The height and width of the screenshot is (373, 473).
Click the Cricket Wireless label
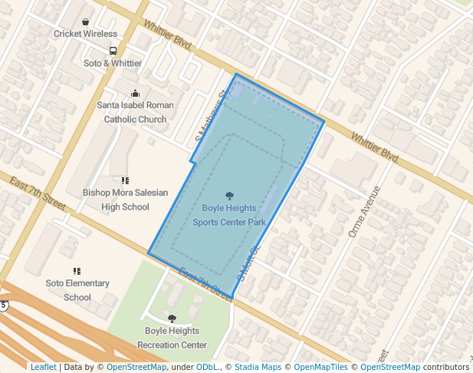click(85, 34)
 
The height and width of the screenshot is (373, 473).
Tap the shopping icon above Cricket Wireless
click(85, 21)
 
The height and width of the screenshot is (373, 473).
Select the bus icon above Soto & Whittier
click(113, 51)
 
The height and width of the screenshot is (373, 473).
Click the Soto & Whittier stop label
click(113, 63)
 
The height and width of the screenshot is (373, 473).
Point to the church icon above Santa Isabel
click(136, 93)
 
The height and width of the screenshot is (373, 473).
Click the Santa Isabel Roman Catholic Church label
click(135, 112)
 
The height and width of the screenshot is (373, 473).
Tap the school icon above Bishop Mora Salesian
click(125, 180)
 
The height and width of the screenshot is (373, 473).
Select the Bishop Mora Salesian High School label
click(125, 200)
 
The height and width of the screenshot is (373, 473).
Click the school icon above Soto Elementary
click(77, 271)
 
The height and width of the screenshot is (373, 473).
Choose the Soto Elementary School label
click(77, 290)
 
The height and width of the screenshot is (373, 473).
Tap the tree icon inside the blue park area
click(229, 196)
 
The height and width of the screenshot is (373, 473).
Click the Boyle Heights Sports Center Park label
click(229, 215)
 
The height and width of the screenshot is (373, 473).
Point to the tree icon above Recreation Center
click(172, 319)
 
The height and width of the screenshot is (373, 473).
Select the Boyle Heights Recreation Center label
click(172, 338)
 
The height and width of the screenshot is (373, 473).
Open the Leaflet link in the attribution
click(43, 367)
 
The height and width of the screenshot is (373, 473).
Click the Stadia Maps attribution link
click(261, 367)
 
